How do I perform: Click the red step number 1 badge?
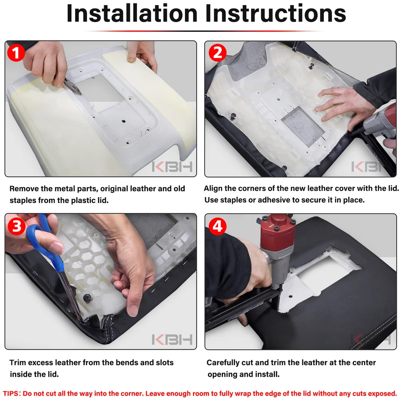coord(16,53)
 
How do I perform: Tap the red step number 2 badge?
coord(217,53)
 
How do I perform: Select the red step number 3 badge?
coord(17,226)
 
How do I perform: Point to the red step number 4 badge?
coord(217,226)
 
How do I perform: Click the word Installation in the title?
coord(132,13)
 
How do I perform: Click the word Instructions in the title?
coord(275,13)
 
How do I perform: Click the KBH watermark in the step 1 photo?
coord(172,167)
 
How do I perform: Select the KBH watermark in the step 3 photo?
coord(172,340)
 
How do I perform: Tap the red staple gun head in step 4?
coord(277,231)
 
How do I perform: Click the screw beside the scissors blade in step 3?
coord(87,298)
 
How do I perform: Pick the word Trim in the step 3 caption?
coord(18,363)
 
